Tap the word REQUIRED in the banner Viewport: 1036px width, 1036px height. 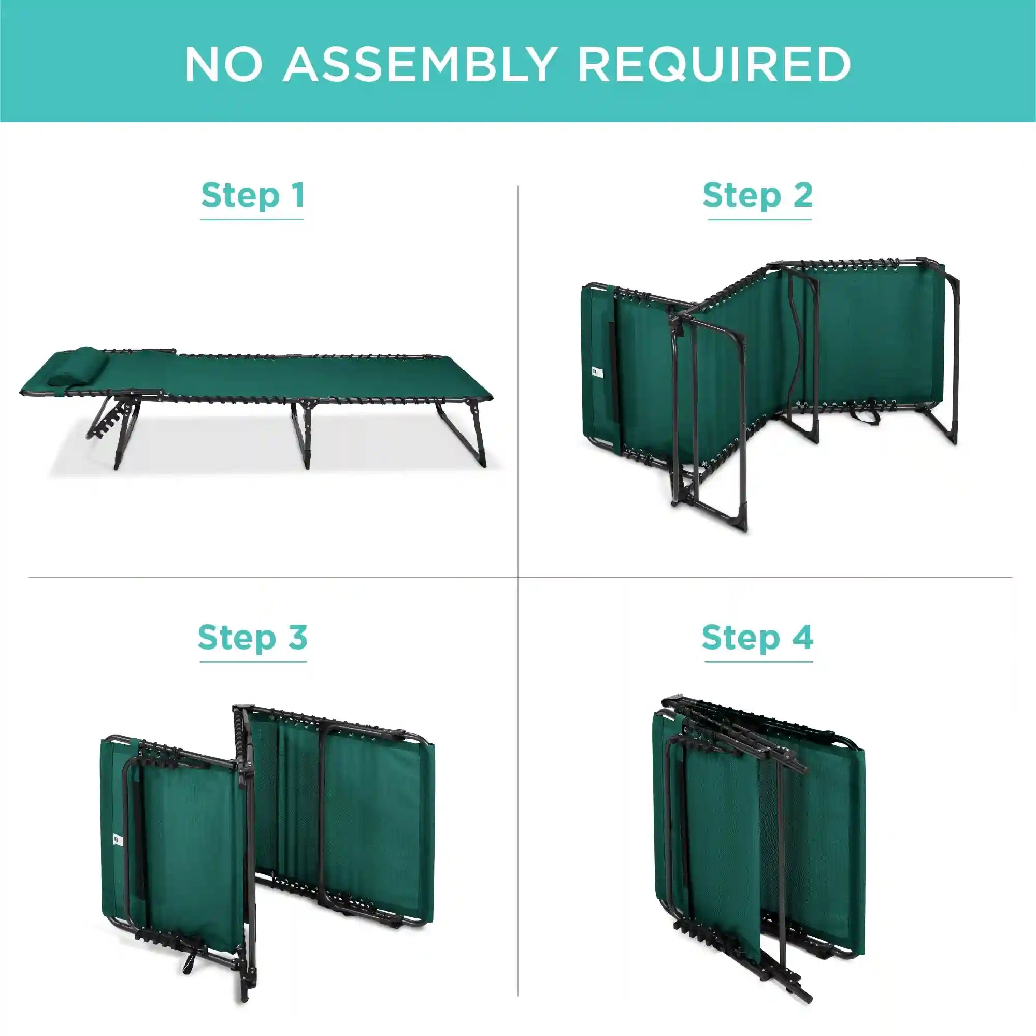coord(714,64)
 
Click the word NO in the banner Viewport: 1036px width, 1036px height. coord(224,64)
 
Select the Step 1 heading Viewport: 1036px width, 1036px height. coord(253,195)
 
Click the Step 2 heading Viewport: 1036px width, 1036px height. coord(758,195)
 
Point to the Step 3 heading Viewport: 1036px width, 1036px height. coord(253,637)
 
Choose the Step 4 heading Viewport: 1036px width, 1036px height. coord(758,637)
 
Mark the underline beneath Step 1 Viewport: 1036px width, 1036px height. coord(252,219)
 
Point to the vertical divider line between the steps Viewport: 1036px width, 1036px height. coord(518,591)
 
